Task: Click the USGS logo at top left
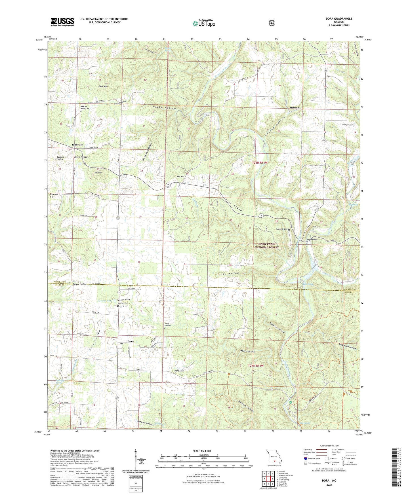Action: (x=62, y=22)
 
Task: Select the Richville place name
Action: (x=77, y=145)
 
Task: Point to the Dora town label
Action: (x=131, y=341)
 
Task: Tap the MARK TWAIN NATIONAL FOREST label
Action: (x=266, y=246)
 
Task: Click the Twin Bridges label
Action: (x=312, y=239)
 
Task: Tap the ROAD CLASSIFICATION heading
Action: (x=329, y=446)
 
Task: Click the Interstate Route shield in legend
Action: (x=305, y=458)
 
